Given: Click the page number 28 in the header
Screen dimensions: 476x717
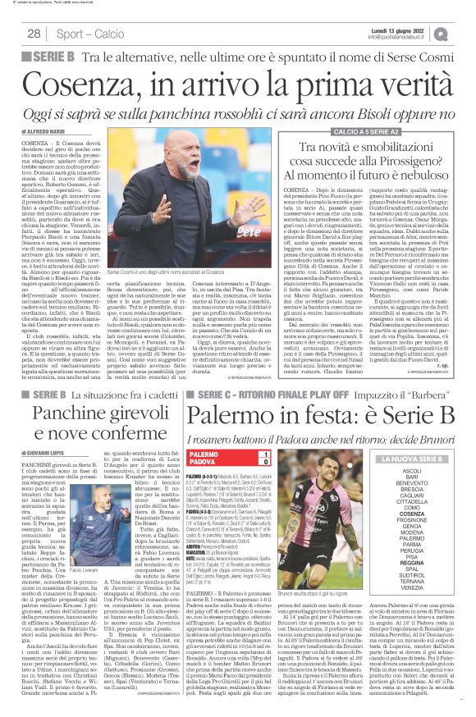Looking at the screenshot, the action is point(34,34).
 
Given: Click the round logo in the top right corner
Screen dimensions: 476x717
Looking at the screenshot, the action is point(465,33).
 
